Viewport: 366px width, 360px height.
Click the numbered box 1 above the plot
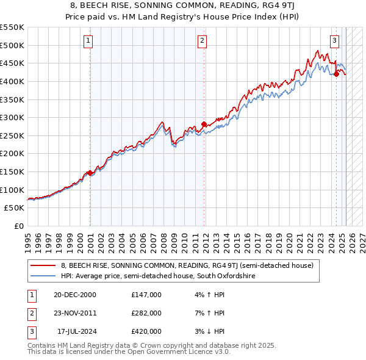(88, 41)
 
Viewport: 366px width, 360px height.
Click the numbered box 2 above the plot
(202, 41)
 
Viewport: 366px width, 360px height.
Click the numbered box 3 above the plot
(335, 41)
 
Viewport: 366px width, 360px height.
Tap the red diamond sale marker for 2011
(204, 124)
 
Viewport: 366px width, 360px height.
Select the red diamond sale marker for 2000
(90, 173)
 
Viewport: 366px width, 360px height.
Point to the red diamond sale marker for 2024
(336, 74)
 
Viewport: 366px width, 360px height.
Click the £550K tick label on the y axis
(12, 27)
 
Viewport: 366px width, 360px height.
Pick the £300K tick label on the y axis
(12, 117)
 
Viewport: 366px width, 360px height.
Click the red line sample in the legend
(42, 265)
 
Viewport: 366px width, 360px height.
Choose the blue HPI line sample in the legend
(42, 276)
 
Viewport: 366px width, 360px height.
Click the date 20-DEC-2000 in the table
(75, 294)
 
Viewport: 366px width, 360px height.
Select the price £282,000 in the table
(146, 313)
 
